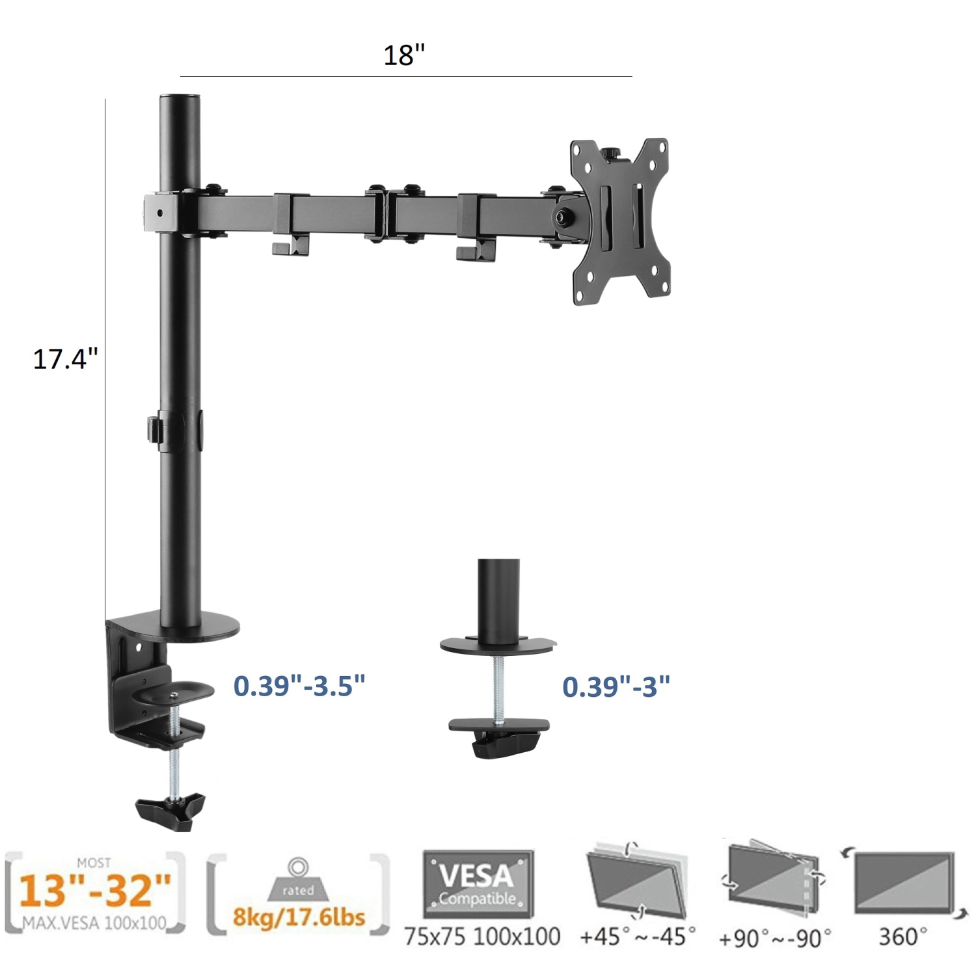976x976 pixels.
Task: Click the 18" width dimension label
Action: pyautogui.click(x=404, y=55)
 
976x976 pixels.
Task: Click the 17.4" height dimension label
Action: pyautogui.click(x=65, y=359)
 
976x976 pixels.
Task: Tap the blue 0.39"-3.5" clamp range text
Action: pyautogui.click(x=299, y=686)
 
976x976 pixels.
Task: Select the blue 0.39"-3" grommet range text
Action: pyautogui.click(x=616, y=686)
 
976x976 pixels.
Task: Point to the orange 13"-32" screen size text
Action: pyautogui.click(x=95, y=890)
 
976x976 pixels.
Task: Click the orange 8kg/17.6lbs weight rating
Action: pyautogui.click(x=299, y=917)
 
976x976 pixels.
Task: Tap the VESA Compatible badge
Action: pyautogui.click(x=478, y=883)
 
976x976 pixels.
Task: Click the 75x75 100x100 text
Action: pyautogui.click(x=482, y=936)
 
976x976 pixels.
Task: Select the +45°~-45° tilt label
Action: pyautogui.click(x=638, y=936)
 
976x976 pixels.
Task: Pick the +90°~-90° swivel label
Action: pyautogui.click(x=774, y=938)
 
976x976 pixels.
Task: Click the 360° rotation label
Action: pyautogui.click(x=902, y=936)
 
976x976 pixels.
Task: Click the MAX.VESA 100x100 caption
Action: pyautogui.click(x=95, y=923)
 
